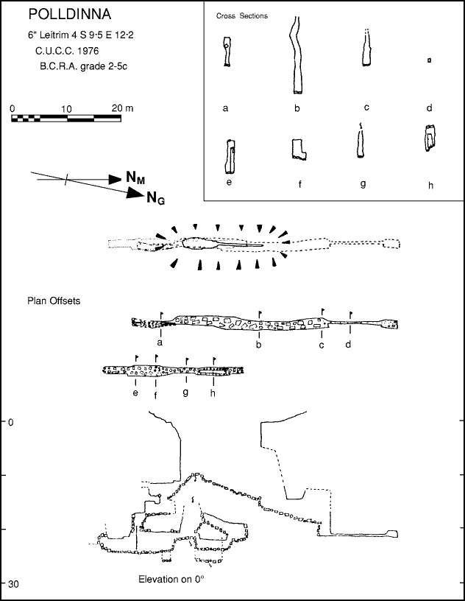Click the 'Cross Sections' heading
pos(242,15)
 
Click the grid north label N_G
pos(155,197)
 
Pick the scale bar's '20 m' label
pos(122,108)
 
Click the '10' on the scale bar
pos(65,108)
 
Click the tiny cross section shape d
pos(428,60)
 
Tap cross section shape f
pos(299,149)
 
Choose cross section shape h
pos(430,138)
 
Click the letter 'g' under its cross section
pos(363,183)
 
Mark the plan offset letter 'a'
pos(159,342)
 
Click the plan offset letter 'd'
pos(348,344)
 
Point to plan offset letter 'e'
pos(135,393)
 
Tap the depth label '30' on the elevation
pos(13,584)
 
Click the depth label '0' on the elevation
pos(10,422)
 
